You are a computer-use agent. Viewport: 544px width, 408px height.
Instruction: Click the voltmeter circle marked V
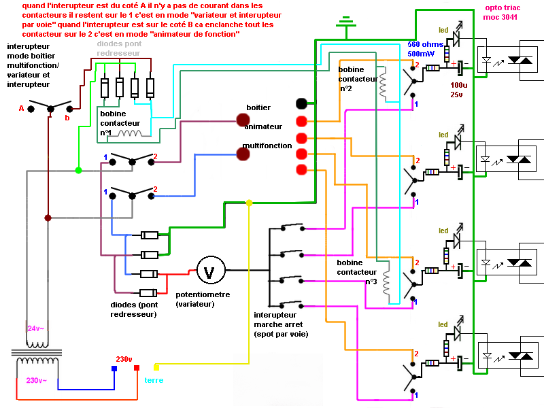click(x=210, y=271)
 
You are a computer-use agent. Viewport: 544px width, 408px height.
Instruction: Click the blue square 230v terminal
click(x=114, y=368)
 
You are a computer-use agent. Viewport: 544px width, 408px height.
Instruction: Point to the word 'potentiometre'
click(x=202, y=294)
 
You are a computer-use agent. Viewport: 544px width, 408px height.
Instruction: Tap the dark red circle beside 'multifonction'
click(x=243, y=154)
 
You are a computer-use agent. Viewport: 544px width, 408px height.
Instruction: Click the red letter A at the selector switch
click(x=21, y=108)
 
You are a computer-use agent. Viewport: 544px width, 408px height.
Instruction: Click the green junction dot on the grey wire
click(x=78, y=170)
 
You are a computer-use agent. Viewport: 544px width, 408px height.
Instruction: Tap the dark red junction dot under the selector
click(x=48, y=218)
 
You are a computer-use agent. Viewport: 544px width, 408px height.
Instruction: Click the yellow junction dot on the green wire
click(x=249, y=203)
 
